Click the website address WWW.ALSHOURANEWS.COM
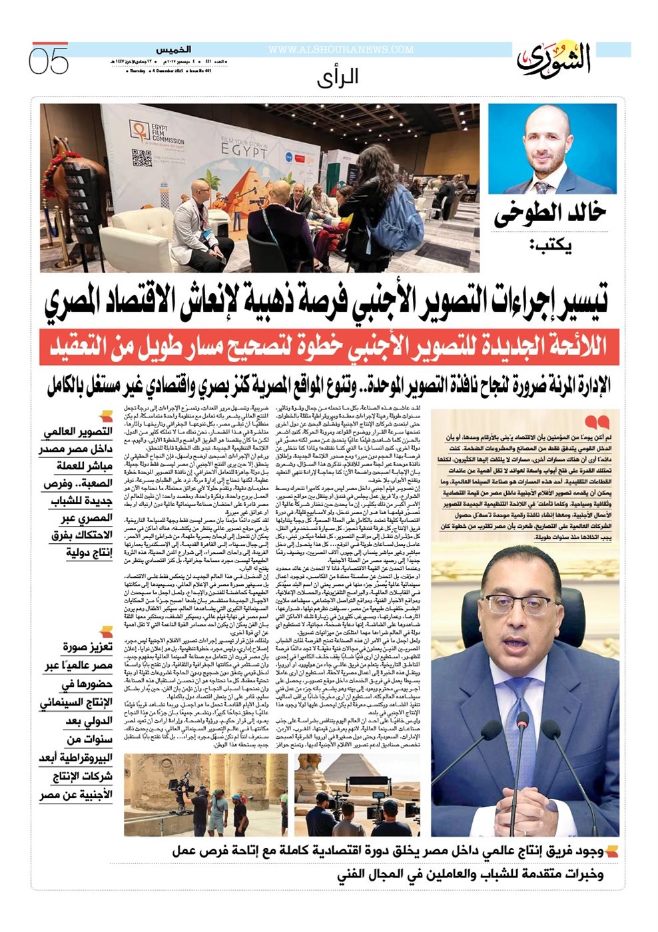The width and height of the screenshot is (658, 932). click(x=341, y=50)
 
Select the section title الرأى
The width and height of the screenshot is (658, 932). click(x=338, y=77)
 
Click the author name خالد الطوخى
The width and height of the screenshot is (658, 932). click(x=549, y=214)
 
